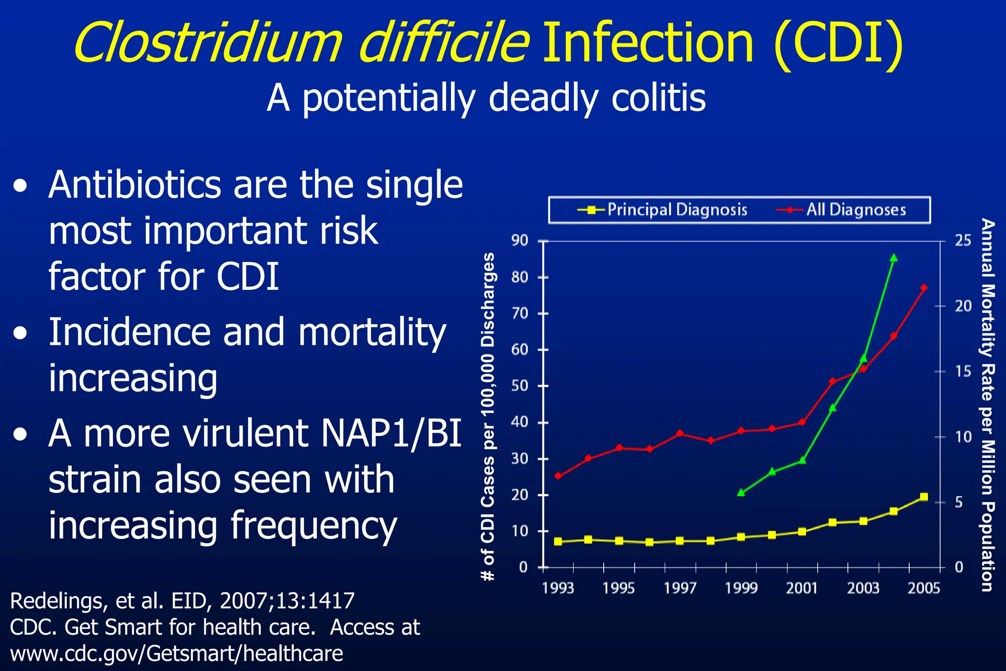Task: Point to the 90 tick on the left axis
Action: click(x=520, y=241)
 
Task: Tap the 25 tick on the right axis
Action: click(x=963, y=241)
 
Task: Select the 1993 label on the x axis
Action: click(x=558, y=588)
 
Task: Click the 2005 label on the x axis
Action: click(x=923, y=588)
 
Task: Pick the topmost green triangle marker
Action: click(x=894, y=258)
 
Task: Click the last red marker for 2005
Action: click(x=923, y=288)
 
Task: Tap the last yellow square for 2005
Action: click(x=923, y=497)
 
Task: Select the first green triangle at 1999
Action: click(x=741, y=492)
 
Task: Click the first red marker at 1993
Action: click(x=558, y=475)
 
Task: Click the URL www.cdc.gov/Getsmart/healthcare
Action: click(x=176, y=654)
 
